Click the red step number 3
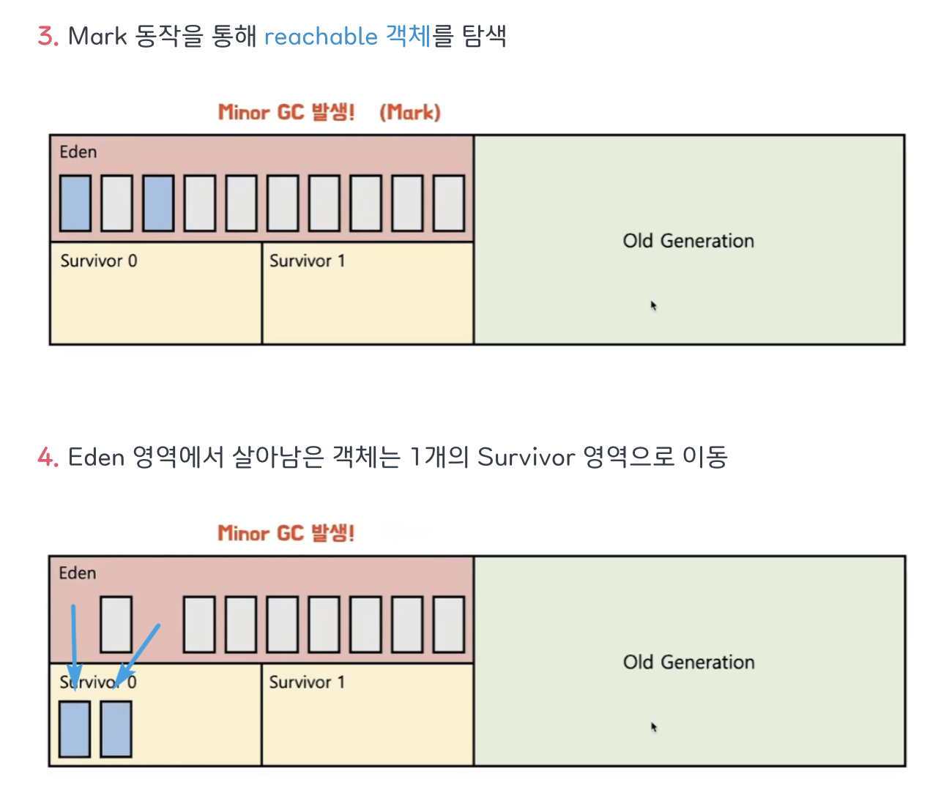[47, 36]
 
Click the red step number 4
[47, 457]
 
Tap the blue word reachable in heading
[320, 36]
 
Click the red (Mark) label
[409, 112]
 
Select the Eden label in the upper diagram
[78, 152]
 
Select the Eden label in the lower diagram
[77, 573]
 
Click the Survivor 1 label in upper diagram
[307, 261]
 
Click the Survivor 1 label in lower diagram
[307, 682]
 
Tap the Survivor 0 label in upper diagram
[98, 261]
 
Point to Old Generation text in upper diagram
[688, 241]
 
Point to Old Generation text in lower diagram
[688, 662]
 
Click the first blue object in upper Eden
[75, 203]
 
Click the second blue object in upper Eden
[158, 203]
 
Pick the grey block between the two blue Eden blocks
[116, 203]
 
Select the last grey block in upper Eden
[449, 203]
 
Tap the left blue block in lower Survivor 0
[75, 729]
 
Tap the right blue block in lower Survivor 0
[116, 729]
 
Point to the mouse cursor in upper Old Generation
[653, 305]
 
